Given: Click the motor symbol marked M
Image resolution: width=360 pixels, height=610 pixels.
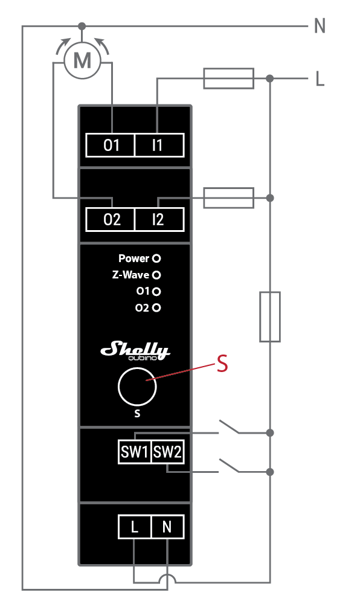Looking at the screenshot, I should point(82,60).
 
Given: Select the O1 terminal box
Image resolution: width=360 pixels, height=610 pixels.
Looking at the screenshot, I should point(112,146).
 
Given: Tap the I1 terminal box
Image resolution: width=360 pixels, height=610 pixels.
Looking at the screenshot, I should point(158,146).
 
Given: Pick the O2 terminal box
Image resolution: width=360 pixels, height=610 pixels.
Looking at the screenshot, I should point(112,220).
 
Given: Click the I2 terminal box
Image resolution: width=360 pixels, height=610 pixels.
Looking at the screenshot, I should point(158,220).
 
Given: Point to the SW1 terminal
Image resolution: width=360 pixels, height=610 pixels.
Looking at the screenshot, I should point(135,452).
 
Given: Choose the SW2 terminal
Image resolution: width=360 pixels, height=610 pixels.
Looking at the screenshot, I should point(167,452).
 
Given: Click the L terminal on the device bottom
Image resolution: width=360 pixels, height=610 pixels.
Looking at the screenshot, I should point(134,527).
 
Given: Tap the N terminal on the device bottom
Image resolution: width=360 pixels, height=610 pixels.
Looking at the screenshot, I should point(167,527).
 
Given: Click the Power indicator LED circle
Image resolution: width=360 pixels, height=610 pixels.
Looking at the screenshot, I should point(156,258).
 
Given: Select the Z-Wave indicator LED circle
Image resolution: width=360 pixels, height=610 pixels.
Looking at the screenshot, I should point(156,275).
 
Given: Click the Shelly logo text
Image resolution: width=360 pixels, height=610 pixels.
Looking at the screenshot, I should point(135,350).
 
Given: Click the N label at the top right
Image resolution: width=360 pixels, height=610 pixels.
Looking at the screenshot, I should point(320,26).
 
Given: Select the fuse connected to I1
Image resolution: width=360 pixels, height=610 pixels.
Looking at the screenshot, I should point(228,79).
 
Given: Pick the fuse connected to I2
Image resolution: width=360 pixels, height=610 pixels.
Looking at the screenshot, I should point(228,197).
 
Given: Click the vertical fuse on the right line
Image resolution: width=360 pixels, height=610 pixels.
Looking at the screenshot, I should point(270,316).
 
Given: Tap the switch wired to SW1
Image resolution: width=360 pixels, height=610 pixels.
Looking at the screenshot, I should point(230,427).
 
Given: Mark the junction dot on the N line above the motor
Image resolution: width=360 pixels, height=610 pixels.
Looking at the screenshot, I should point(82,26).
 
